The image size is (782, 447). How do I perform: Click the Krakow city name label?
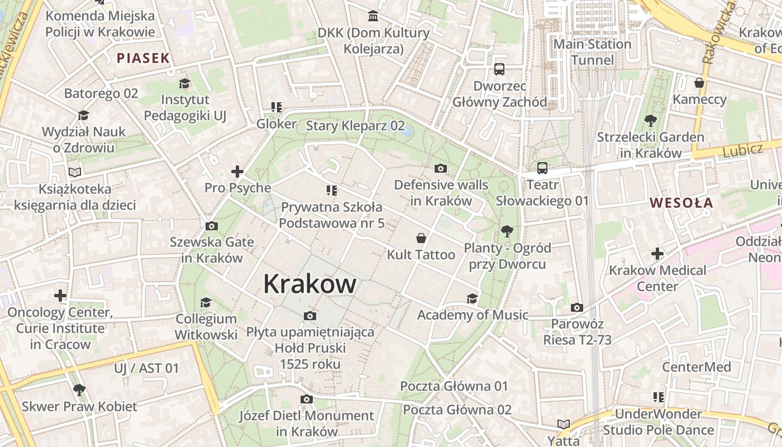pyautogui.click(x=309, y=284)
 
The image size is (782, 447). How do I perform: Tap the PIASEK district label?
pyautogui.click(x=143, y=58)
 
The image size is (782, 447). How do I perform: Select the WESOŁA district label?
pyautogui.click(x=682, y=203)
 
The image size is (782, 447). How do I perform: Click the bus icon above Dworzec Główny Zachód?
pyautogui.click(x=499, y=70)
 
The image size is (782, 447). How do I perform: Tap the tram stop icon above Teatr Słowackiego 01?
pyautogui.click(x=542, y=168)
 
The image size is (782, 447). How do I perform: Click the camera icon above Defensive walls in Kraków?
pyautogui.click(x=440, y=168)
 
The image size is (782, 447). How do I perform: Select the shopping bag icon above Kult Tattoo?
pyautogui.click(x=421, y=239)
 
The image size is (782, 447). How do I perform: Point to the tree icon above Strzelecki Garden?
pyautogui.click(x=650, y=120)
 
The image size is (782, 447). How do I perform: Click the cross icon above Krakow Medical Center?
pyautogui.click(x=657, y=254)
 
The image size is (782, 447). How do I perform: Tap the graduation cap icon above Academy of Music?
pyautogui.click(x=472, y=298)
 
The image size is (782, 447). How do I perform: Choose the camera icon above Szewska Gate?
pyautogui.click(x=211, y=226)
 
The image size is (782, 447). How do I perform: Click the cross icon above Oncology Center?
pyautogui.click(x=60, y=295)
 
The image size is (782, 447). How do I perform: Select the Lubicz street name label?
pyautogui.click(x=742, y=150)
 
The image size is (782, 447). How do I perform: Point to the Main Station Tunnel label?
pyautogui.click(x=592, y=52)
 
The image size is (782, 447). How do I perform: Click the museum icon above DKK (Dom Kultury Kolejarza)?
pyautogui.click(x=373, y=16)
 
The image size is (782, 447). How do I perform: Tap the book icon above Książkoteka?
pyautogui.click(x=75, y=173)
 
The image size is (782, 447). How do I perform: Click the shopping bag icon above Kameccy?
pyautogui.click(x=699, y=83)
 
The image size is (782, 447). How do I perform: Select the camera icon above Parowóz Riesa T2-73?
pyautogui.click(x=577, y=307)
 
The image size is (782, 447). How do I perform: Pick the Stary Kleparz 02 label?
pyautogui.click(x=355, y=126)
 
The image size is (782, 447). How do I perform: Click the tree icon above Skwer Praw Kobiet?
pyautogui.click(x=79, y=389)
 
